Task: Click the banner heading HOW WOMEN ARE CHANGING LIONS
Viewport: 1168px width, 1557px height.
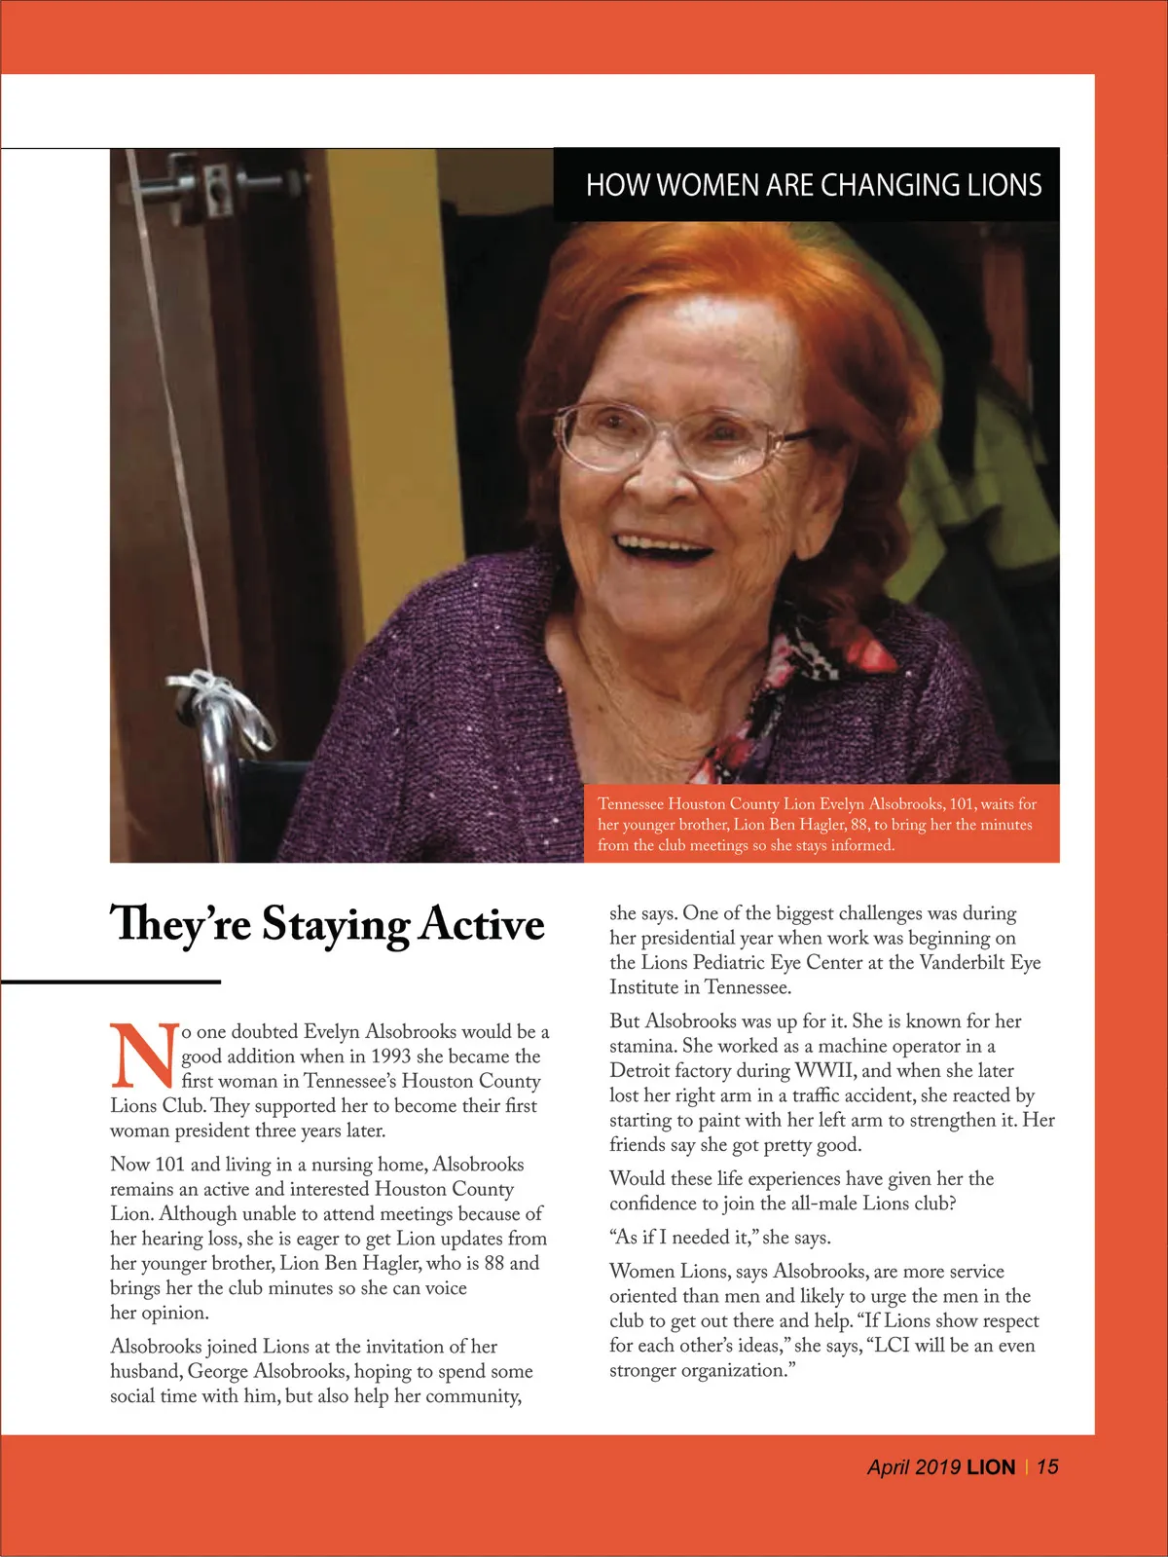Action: coord(814,185)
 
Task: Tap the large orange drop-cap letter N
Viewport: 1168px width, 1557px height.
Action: coord(144,1056)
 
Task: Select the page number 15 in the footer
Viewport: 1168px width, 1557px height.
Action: coord(1047,1466)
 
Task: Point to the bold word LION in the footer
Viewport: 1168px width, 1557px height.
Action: coord(991,1467)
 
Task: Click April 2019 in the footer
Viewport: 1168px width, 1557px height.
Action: coord(914,1467)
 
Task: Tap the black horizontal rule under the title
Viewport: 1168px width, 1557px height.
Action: coord(111,982)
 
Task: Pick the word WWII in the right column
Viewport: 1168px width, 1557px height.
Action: coord(825,1070)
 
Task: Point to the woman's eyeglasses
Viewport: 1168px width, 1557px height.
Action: coord(681,437)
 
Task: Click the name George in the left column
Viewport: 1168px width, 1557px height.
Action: coord(218,1371)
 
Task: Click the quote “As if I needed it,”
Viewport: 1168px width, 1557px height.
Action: coord(685,1238)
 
